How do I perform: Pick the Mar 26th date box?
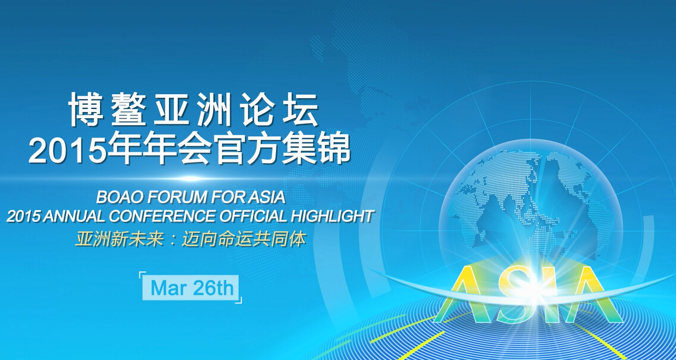click(190, 287)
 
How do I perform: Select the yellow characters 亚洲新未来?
click(120, 240)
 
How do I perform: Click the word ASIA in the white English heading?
click(267, 196)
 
